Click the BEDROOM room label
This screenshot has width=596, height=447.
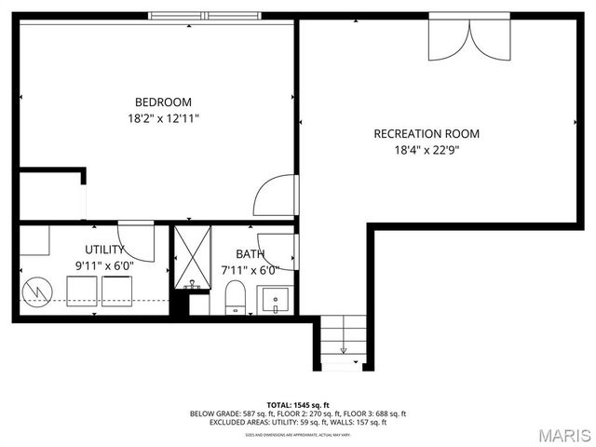click(x=163, y=102)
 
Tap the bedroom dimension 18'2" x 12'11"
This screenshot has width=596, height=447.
click(x=163, y=118)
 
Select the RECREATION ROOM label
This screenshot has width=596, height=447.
click(x=426, y=133)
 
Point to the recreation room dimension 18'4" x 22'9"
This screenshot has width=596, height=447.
click(x=426, y=149)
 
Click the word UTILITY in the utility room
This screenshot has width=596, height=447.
click(x=104, y=250)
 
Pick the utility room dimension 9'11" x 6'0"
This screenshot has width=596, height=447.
click(x=104, y=265)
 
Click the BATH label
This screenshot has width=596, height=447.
click(x=250, y=253)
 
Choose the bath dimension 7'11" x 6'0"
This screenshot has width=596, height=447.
click(x=250, y=270)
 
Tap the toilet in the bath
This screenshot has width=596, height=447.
click(x=235, y=298)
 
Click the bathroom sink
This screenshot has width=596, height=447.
click(x=276, y=301)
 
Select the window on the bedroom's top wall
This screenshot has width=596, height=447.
click(x=205, y=16)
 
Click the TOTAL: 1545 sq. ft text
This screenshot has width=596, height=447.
click(x=298, y=405)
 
